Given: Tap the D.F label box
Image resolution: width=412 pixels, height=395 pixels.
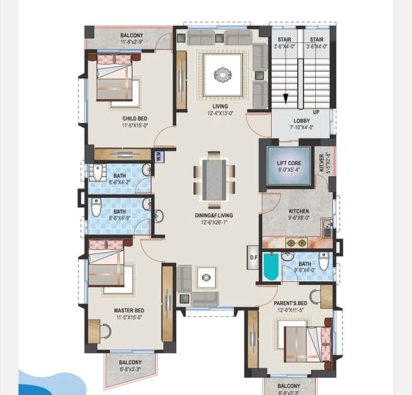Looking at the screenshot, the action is point(254,258).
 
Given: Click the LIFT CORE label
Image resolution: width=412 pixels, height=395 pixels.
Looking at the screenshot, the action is point(289,163).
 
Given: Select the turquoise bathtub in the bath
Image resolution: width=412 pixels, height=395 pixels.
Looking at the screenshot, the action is point(271,267).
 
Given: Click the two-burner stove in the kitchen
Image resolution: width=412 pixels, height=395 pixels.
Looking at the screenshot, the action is point(296,243).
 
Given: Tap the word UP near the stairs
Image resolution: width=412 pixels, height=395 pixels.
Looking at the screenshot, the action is point(316,112).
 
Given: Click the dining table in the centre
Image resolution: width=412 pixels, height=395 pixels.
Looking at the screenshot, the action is point(214,180).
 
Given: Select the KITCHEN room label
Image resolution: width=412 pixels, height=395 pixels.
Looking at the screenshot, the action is point(299,211).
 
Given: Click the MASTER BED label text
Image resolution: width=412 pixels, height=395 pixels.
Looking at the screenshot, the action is point(129,310).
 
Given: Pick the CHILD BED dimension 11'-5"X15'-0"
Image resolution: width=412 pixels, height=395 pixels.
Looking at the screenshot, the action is point(135,126).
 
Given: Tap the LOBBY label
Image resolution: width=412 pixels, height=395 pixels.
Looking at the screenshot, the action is point(302,121).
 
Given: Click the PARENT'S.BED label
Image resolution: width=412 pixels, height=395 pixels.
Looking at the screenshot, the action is point(291,303).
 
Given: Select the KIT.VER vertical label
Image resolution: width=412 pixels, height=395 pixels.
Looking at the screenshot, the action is point(321,163).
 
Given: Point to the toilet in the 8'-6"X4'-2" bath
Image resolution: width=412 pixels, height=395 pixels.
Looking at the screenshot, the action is point(97,173).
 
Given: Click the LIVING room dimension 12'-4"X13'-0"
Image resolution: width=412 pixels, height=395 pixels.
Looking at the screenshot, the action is point(220,113).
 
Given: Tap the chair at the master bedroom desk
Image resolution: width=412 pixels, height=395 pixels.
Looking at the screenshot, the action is point(106,331).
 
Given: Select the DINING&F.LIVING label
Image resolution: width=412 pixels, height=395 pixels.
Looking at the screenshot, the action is point(214,215).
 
